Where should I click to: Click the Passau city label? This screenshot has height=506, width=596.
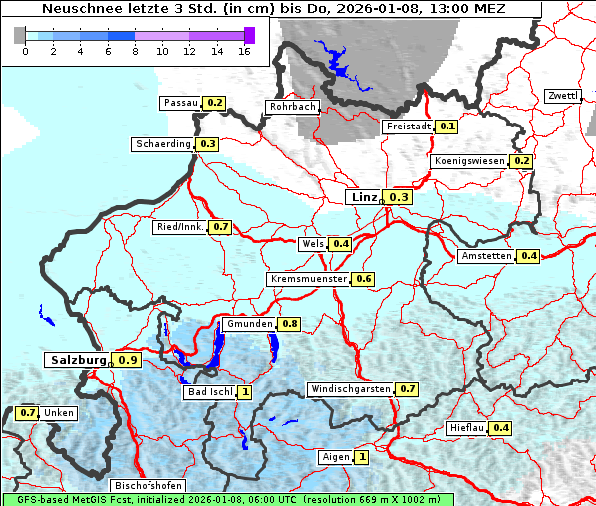[180, 103]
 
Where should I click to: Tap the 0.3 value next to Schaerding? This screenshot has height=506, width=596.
[208, 144]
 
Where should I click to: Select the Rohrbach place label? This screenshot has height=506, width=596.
[292, 107]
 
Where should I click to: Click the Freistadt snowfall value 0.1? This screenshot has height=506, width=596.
[447, 126]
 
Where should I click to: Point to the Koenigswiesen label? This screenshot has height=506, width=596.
[469, 161]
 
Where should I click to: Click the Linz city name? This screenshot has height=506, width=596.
[363, 197]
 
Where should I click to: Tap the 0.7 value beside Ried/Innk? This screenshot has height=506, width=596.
[221, 227]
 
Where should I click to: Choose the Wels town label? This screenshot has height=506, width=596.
[312, 244]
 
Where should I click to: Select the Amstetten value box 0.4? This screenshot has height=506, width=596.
[529, 256]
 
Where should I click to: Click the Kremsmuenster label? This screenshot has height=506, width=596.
[308, 279]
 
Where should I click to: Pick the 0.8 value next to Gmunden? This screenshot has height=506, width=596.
[290, 324]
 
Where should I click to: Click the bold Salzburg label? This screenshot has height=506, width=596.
[78, 359]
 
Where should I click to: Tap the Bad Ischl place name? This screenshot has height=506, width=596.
[209, 392]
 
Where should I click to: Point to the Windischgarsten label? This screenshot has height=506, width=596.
[350, 389]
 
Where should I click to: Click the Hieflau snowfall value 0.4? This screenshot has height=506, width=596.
[501, 428]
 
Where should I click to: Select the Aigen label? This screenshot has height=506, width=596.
[335, 457]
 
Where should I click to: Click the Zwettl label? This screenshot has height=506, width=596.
[562, 96]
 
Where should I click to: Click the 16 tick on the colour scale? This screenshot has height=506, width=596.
[244, 51]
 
